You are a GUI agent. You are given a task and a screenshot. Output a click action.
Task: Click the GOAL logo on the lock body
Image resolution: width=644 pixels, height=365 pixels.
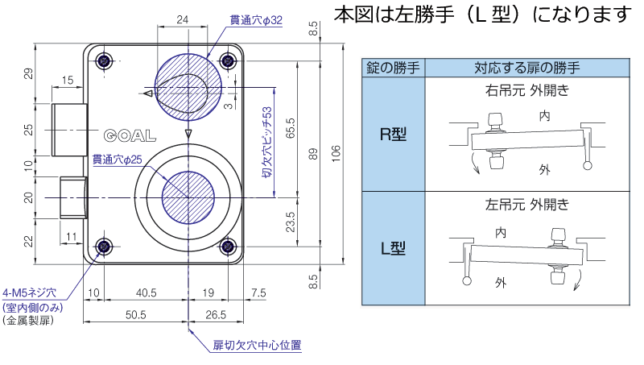pos(129,135)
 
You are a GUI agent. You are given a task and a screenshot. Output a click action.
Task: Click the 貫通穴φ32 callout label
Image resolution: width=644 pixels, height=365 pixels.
pos(255,19)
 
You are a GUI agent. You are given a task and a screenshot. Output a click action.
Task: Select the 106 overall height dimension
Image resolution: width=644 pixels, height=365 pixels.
pos(336,152)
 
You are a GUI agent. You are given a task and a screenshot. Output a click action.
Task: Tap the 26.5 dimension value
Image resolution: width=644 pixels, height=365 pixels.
pos(216,314)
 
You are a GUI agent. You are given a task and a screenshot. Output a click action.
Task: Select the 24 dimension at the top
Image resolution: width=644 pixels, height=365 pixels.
pos(183,19)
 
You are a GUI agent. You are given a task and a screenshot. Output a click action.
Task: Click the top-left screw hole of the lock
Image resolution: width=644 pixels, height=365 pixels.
pos(103,61)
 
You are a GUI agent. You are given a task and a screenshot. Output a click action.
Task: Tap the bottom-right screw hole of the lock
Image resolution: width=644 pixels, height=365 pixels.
pos(229,247)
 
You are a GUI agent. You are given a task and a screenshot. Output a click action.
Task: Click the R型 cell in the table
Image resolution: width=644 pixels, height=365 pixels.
pos(393,135)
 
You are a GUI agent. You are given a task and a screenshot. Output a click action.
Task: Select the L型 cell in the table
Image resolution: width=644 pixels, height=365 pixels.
pos(393,248)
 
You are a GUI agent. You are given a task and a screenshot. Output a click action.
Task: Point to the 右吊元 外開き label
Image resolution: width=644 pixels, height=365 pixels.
pos(527,90)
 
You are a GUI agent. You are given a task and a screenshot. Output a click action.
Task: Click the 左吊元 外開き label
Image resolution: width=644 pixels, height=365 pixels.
pos(527,205)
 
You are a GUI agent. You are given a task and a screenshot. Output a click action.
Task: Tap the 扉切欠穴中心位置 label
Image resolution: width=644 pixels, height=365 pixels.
pos(257,346)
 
